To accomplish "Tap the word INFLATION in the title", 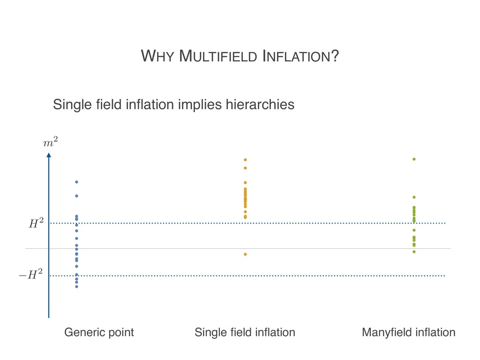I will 300,57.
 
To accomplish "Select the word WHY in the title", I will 158,57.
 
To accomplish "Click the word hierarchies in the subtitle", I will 260,104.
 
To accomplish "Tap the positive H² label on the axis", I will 36,224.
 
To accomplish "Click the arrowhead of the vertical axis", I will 48,155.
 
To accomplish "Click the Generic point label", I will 99,332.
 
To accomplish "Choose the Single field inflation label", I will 245,332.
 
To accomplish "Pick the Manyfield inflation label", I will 409,332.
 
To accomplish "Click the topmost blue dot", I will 76,182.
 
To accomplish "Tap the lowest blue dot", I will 76,286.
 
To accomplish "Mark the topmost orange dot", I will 245,160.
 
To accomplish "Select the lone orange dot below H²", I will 245,254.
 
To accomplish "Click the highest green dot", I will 414,159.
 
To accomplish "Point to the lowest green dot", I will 414,252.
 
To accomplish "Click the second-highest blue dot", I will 76,196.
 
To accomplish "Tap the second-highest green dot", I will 414,197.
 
